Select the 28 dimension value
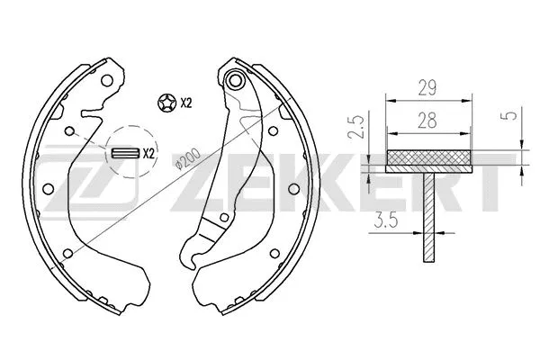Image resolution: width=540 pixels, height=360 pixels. point(428,119)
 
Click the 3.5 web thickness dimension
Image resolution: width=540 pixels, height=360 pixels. point(386,218)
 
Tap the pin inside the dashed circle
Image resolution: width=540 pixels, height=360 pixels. point(125,152)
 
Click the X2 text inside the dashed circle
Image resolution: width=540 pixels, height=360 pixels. point(148,153)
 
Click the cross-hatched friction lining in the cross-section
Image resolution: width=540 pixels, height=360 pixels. point(428,162)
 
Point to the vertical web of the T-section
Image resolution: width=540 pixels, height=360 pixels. point(428,216)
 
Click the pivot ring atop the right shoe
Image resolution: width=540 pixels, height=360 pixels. point(237,81)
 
